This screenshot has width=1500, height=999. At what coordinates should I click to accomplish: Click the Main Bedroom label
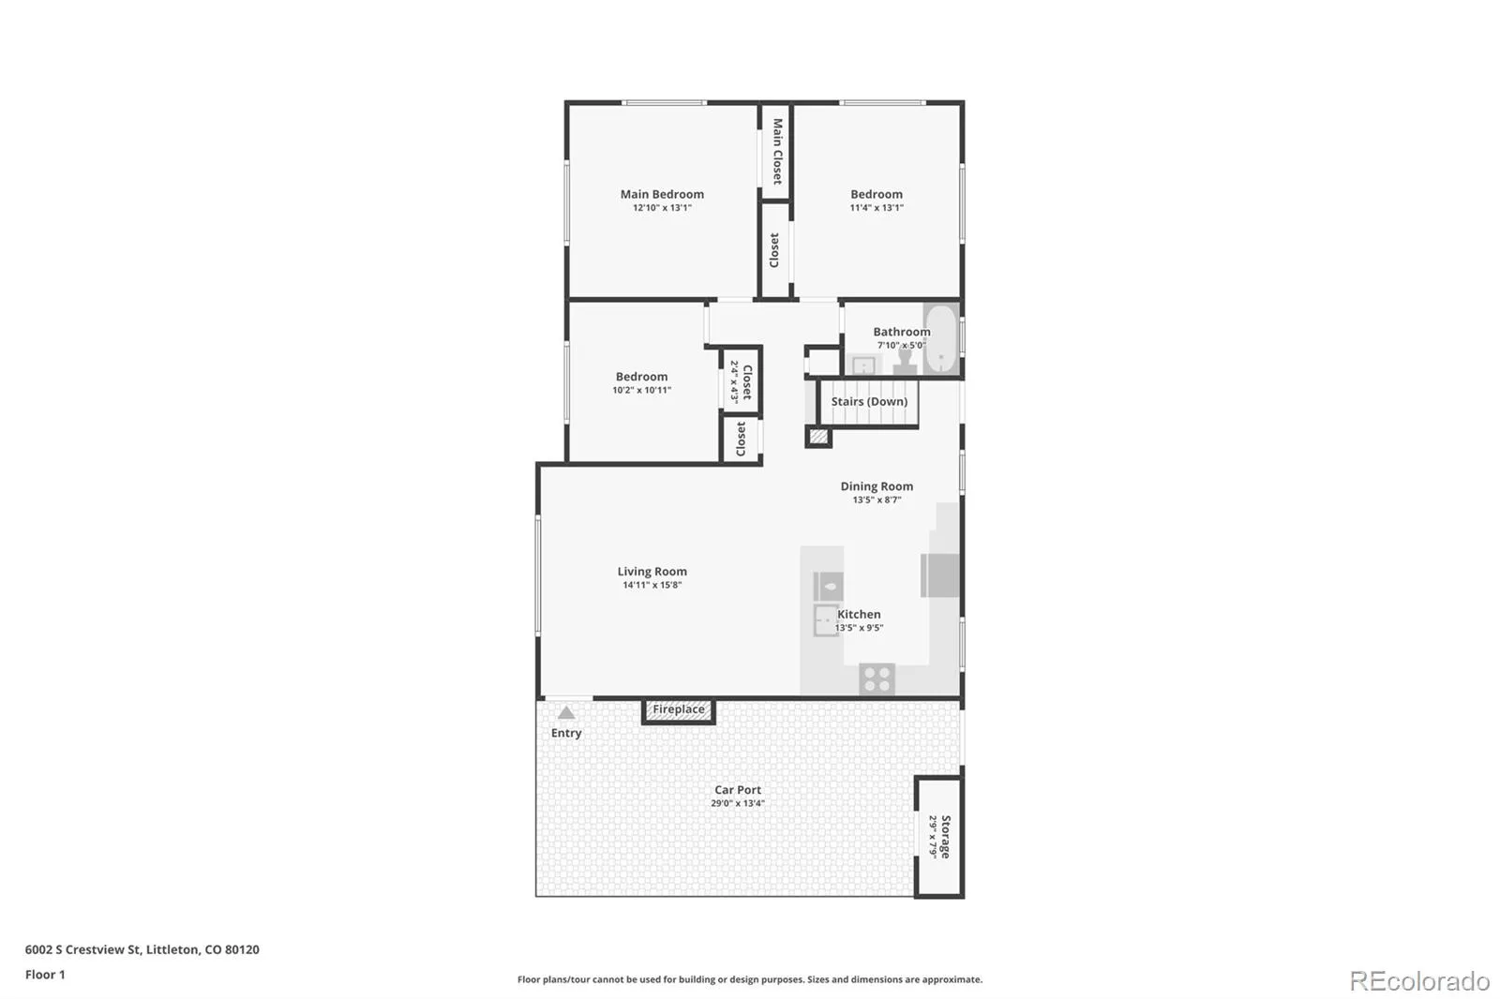[662, 194]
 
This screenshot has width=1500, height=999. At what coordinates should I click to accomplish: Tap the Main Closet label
[777, 151]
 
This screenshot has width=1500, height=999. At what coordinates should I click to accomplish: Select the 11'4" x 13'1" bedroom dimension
[877, 207]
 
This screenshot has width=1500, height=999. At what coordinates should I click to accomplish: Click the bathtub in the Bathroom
[941, 339]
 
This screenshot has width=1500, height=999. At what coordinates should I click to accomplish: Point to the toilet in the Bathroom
[905, 363]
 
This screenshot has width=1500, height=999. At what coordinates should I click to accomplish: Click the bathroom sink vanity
[863, 365]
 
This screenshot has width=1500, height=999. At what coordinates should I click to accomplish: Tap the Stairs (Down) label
[869, 401]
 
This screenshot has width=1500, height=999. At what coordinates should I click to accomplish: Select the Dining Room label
[877, 486]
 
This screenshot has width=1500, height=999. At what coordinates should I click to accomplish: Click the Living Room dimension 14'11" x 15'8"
[652, 585]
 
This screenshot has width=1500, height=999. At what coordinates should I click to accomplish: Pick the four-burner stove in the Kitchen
[877, 678]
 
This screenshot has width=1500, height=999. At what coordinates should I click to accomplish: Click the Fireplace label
[679, 709]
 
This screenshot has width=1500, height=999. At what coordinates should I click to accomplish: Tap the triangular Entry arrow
[566, 712]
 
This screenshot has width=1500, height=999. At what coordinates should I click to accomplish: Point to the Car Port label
[737, 789]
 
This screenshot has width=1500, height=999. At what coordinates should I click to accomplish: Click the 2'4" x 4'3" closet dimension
[734, 381]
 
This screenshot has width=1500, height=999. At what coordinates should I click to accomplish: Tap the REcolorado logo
[1419, 981]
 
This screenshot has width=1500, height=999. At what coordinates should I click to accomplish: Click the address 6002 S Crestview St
[83, 949]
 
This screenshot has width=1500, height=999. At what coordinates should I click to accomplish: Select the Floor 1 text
[45, 975]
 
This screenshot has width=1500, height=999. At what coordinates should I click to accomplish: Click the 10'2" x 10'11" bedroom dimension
[641, 391]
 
